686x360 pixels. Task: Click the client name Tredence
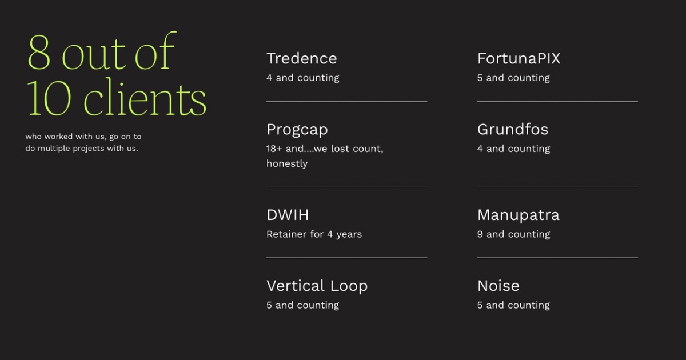click(301, 58)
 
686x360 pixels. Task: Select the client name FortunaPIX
click(519, 58)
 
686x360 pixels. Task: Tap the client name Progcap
click(297, 130)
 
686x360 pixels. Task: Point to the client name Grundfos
click(512, 130)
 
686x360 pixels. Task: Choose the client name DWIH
click(288, 215)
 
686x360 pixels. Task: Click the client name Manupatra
click(518, 215)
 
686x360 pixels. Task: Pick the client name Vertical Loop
click(317, 286)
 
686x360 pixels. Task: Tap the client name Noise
click(498, 286)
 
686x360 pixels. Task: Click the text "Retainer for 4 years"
click(314, 234)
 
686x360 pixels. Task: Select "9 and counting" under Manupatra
click(513, 234)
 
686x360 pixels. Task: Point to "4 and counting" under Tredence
click(302, 78)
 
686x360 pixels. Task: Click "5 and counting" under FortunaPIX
click(513, 78)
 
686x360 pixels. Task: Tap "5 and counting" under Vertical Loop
click(302, 305)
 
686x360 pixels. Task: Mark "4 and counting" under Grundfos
click(513, 149)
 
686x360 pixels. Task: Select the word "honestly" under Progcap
click(286, 164)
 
